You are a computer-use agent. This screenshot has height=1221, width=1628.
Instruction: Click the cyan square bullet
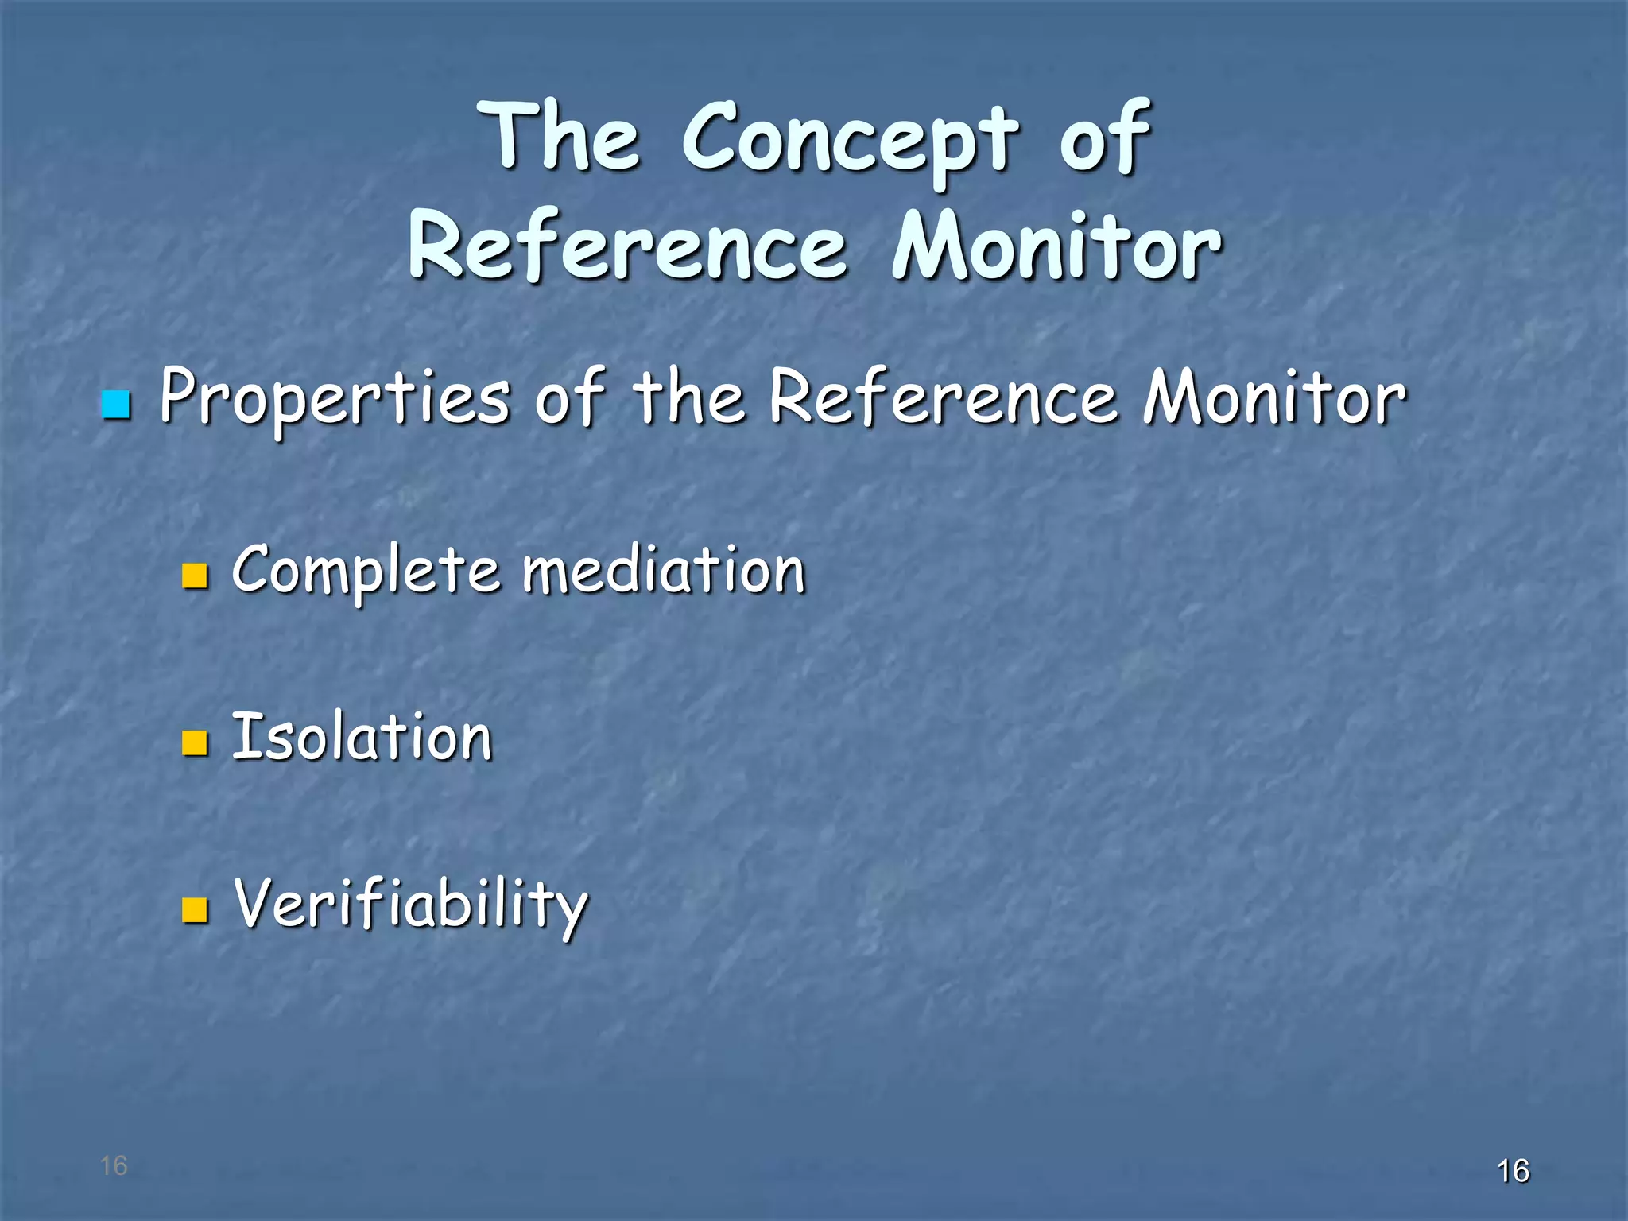coord(116,405)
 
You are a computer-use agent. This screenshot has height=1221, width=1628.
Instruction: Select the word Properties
coord(334,397)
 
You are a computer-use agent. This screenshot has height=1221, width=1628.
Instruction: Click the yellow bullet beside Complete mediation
coord(195,576)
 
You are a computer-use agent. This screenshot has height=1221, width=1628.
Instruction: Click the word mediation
coord(664,569)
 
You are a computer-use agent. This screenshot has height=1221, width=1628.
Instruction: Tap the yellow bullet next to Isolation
coord(195,742)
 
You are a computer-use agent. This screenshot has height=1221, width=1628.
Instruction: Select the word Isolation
coord(362,737)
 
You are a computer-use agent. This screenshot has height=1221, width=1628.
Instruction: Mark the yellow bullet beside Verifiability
coord(195,910)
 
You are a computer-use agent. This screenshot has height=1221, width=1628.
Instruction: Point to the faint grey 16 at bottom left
coord(114,1165)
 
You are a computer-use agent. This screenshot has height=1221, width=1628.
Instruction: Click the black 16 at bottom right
coord(1513,1171)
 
